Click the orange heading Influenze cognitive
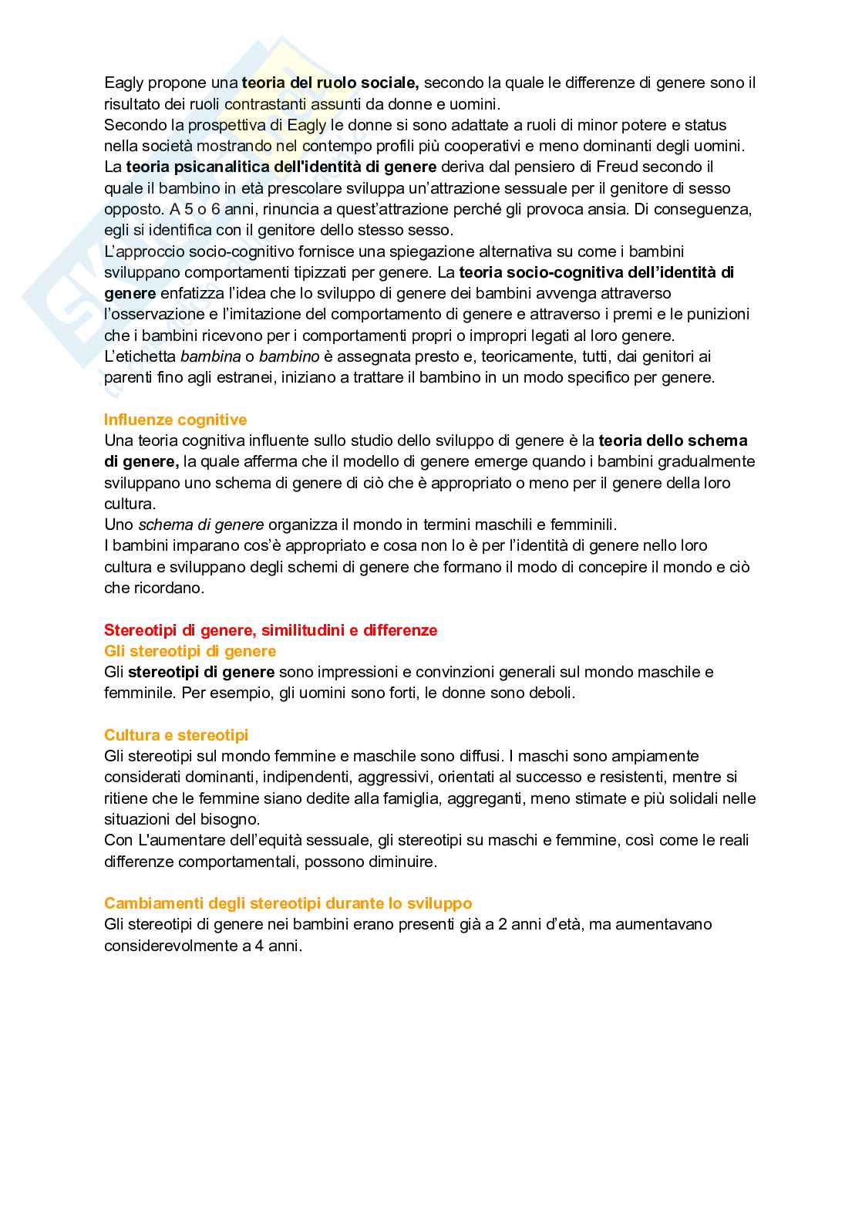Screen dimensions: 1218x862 click(175, 420)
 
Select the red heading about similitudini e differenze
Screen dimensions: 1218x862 click(271, 630)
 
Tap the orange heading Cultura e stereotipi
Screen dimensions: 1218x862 click(176, 735)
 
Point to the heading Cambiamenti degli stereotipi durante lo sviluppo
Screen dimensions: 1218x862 click(288, 903)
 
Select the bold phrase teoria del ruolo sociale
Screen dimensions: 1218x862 click(330, 83)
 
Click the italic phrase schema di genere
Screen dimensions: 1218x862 click(200, 525)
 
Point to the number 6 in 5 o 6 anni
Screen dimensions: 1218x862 click(216, 209)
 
